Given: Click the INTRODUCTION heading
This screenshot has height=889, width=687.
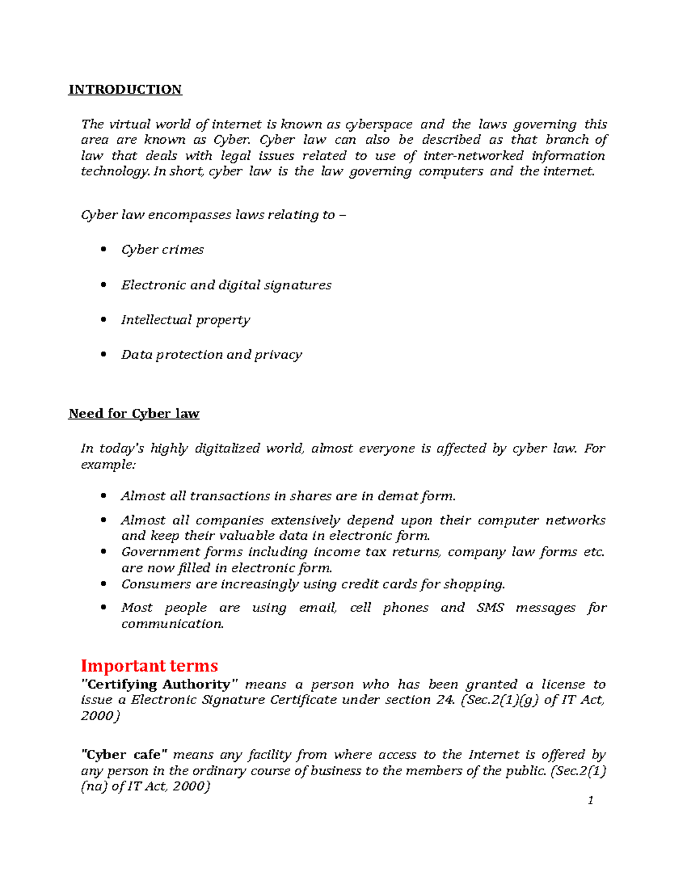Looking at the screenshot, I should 125,89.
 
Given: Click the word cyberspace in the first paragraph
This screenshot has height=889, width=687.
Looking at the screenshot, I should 378,124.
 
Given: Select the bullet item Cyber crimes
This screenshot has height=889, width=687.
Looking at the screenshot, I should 162,250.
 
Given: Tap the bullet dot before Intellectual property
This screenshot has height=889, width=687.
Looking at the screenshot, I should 104,319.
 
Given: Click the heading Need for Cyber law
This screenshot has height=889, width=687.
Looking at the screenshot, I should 133,413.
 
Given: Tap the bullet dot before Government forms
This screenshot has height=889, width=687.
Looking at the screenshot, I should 104,552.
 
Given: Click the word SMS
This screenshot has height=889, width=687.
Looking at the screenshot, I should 490,607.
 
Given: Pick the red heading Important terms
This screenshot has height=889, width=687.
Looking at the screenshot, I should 149,666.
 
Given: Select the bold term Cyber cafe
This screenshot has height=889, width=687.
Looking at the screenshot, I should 125,754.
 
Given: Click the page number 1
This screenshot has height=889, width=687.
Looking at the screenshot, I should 590,800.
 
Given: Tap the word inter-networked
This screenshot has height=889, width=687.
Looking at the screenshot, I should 473,156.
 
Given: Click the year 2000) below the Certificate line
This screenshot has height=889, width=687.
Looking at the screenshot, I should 100,716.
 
